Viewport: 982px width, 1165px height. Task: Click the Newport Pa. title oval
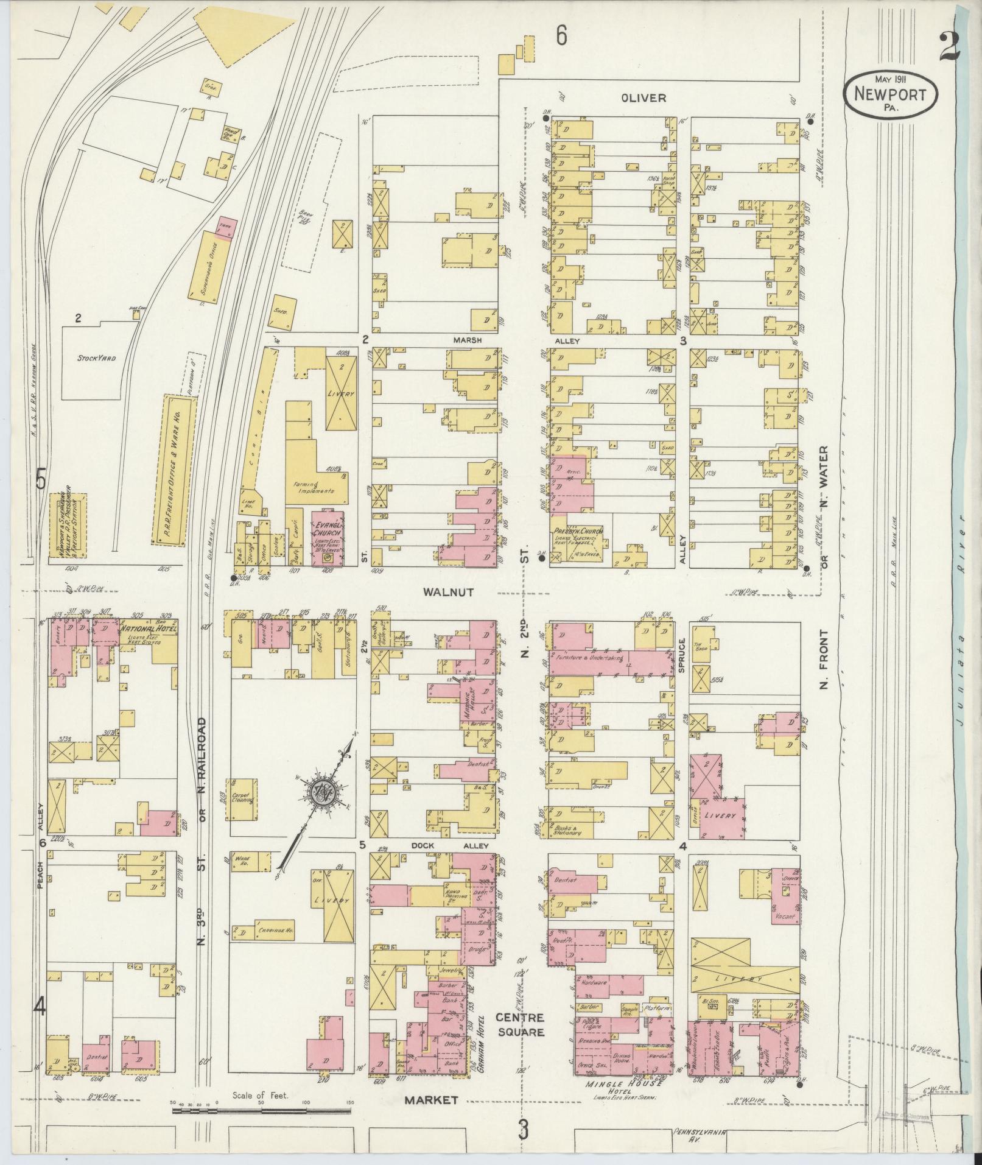tap(890, 94)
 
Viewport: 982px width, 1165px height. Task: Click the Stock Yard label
tap(97, 358)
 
